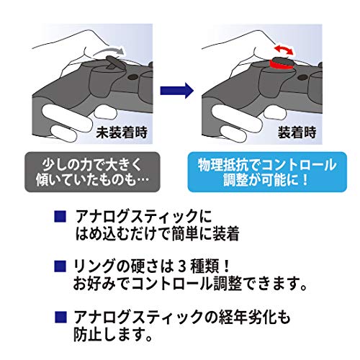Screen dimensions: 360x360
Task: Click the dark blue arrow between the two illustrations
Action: point(177,91)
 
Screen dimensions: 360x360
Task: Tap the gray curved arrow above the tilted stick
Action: point(109,51)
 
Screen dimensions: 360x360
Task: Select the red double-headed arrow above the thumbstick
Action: point(284,49)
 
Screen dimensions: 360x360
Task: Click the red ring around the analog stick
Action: point(281,66)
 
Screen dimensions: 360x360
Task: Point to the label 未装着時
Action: point(122,132)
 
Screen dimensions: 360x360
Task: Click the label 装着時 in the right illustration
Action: point(297,132)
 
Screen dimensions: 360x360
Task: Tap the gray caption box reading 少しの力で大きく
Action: point(92,172)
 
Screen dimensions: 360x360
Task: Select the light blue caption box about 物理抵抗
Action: point(267,172)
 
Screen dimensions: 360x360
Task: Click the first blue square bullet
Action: point(60,216)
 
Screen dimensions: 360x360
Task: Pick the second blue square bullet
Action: point(60,266)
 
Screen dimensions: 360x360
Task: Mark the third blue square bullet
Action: point(60,317)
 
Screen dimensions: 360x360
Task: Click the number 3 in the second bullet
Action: point(182,266)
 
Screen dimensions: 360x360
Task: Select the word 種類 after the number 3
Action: point(206,266)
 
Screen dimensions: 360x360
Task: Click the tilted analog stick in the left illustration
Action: point(113,62)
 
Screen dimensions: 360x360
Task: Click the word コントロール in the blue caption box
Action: point(299,166)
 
